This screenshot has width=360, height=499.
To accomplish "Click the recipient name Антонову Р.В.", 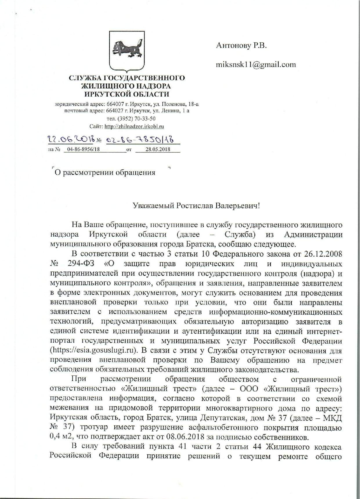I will (x=241, y=46).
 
